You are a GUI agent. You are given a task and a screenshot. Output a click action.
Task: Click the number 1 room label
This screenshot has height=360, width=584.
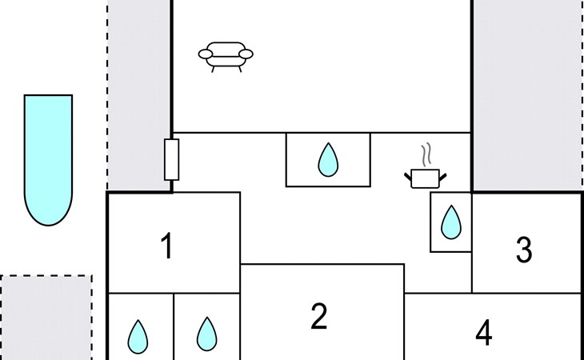(166, 246)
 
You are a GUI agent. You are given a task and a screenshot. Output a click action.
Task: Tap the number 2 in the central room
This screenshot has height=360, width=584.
(319, 317)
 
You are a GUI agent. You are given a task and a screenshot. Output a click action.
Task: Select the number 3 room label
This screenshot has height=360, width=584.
(524, 250)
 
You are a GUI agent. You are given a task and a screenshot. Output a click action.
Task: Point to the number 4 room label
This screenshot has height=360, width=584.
(483, 334)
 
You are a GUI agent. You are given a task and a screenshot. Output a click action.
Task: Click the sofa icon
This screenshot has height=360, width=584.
(226, 55)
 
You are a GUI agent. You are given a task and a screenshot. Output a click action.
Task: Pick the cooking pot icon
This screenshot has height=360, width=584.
(425, 178)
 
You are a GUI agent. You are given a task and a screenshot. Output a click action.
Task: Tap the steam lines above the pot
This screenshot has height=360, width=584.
(427, 154)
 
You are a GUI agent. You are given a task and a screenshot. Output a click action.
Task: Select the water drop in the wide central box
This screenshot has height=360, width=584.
(328, 160)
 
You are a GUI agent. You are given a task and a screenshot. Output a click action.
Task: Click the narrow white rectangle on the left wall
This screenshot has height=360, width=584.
(171, 159)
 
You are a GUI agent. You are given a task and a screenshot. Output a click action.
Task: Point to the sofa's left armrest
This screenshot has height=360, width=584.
(206, 54)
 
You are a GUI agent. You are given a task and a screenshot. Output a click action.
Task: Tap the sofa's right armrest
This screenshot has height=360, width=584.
(246, 54)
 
